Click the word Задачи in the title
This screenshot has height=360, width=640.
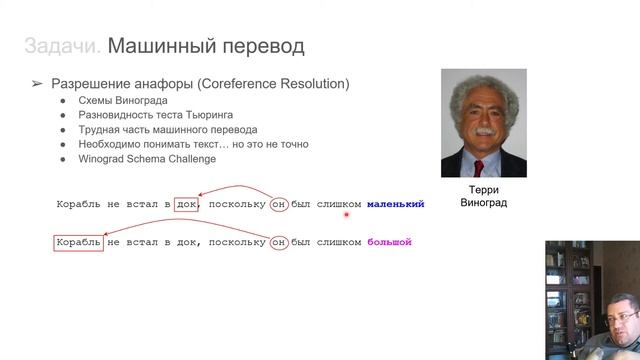[x=62, y=46]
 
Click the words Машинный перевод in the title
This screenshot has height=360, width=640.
[x=205, y=46]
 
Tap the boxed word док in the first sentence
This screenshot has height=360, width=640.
[x=186, y=204]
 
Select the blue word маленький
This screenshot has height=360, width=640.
[x=395, y=204]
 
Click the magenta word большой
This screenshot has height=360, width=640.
[x=389, y=242]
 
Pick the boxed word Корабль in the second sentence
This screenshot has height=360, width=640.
[x=79, y=242]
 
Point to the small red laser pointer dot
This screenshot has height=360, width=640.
[x=347, y=213]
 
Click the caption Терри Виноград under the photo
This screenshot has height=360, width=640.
[x=483, y=196]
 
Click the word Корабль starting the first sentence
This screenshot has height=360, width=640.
[x=79, y=204]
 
